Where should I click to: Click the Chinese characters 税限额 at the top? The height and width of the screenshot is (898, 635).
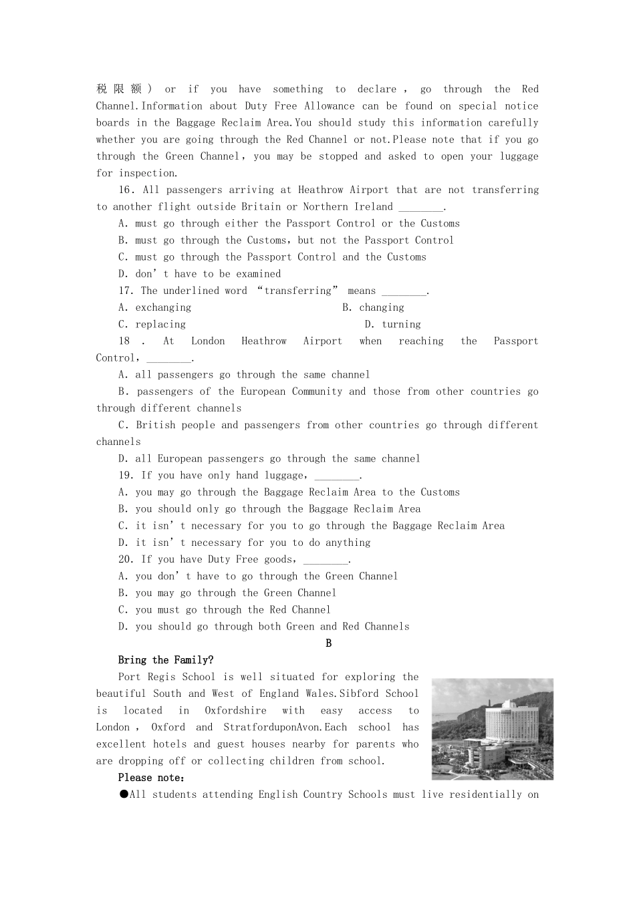tap(119, 89)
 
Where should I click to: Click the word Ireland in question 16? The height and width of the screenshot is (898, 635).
tap(373, 206)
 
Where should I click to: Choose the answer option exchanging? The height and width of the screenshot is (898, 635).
tap(163, 307)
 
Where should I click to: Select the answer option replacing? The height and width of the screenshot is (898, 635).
tap(160, 324)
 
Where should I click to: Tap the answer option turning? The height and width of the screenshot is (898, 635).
tap(401, 324)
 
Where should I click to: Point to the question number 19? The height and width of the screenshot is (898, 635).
tap(126, 475)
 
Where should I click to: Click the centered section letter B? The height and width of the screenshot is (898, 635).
tap(328, 643)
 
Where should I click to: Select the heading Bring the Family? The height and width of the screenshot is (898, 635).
tap(166, 660)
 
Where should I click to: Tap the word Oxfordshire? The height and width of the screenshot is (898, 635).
tap(235, 710)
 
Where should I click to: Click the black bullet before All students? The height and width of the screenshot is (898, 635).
tap(124, 794)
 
